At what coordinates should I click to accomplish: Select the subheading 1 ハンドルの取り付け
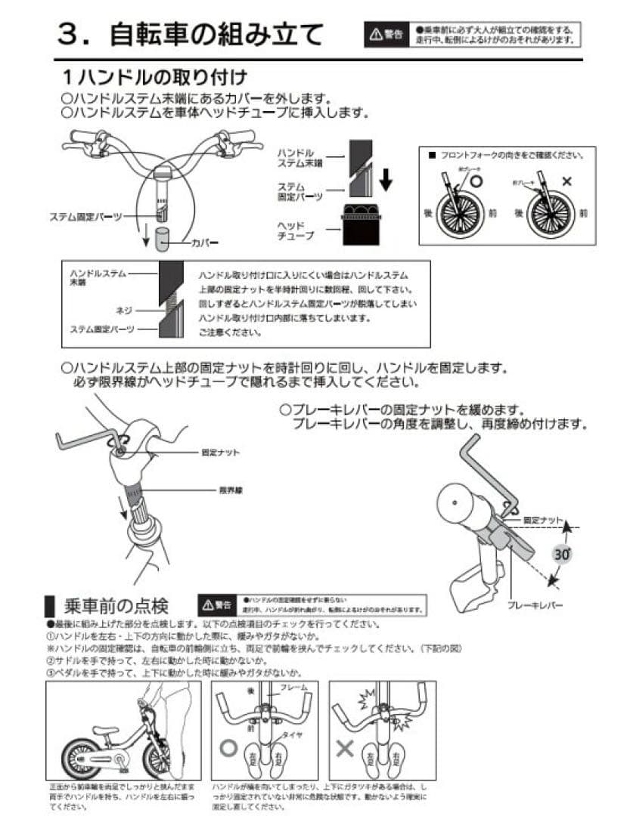[x=155, y=78]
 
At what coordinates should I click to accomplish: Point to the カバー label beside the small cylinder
[x=204, y=243]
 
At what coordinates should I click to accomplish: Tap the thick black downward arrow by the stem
[x=385, y=179]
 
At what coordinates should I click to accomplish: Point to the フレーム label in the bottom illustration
[x=293, y=688]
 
